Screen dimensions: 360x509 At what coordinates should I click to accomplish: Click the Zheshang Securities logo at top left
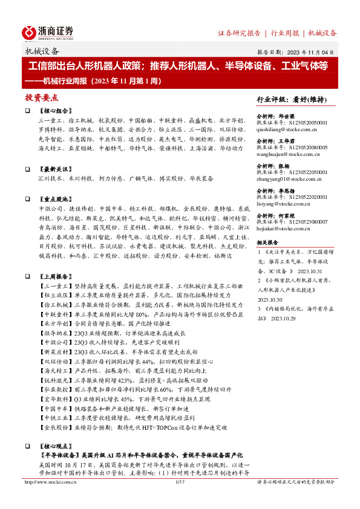click(x=48, y=31)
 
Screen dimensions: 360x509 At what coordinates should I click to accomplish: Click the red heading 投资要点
click(x=41, y=97)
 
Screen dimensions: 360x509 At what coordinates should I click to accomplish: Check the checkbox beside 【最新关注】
click(x=27, y=170)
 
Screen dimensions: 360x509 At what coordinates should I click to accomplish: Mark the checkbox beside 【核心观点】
click(x=27, y=443)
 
